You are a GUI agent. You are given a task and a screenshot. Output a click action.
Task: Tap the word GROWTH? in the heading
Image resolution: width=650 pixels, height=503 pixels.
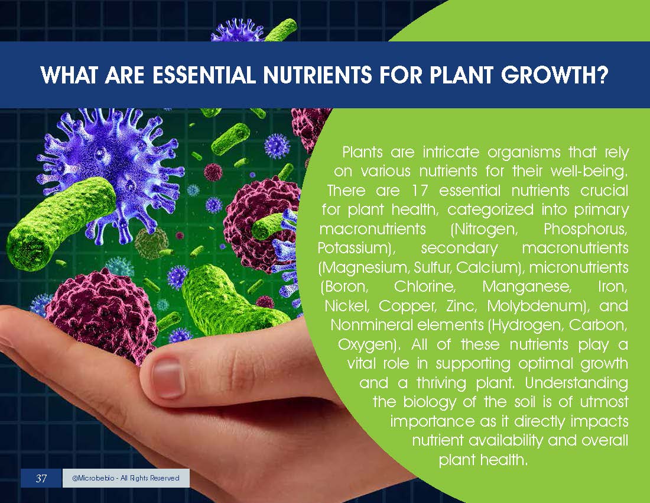pyautogui.click(x=554, y=75)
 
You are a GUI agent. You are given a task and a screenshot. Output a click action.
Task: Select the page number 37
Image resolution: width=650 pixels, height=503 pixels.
pyautogui.click(x=41, y=478)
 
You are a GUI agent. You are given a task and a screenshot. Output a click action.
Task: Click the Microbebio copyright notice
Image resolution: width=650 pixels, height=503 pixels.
pyautogui.click(x=126, y=478)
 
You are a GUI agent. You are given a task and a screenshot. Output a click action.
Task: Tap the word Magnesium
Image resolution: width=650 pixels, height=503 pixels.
pyautogui.click(x=365, y=267)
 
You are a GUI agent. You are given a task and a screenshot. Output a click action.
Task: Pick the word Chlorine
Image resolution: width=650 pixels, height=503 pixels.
pyautogui.click(x=424, y=286)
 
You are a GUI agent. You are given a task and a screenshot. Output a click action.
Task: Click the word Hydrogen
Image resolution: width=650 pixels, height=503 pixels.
pyautogui.click(x=526, y=325)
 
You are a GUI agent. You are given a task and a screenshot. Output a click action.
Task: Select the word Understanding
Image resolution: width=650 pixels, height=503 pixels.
pyautogui.click(x=577, y=383)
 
